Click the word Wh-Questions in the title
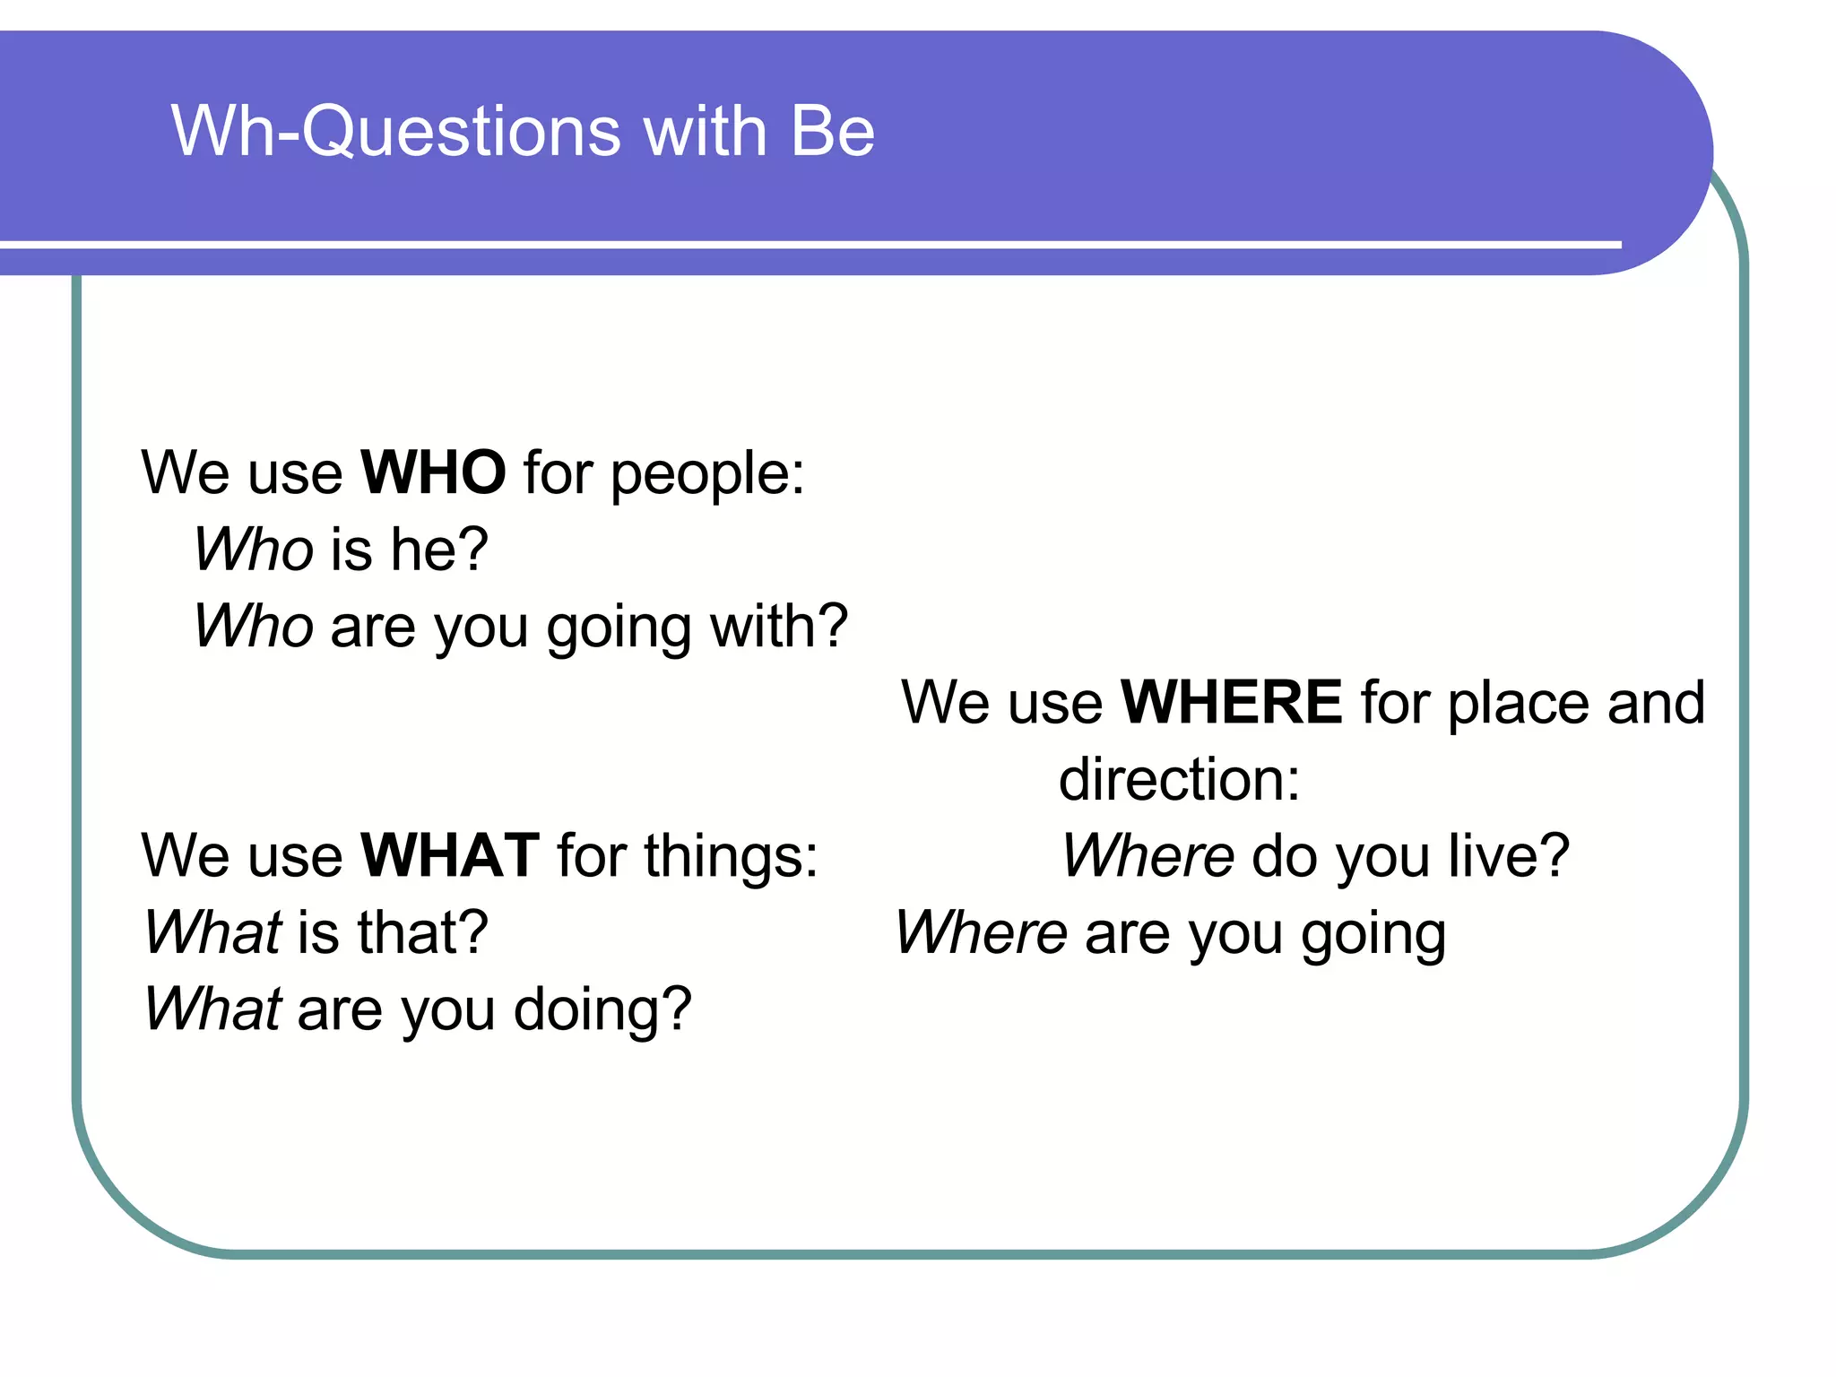tap(394, 131)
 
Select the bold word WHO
tap(433, 472)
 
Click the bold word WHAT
tap(450, 855)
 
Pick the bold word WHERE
tap(1232, 702)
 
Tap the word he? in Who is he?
tap(439, 549)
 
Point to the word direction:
tap(1179, 779)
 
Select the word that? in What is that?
tap(422, 932)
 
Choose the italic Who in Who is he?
tap(254, 549)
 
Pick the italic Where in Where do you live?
tap(1147, 855)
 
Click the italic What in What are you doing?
tap(213, 1009)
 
